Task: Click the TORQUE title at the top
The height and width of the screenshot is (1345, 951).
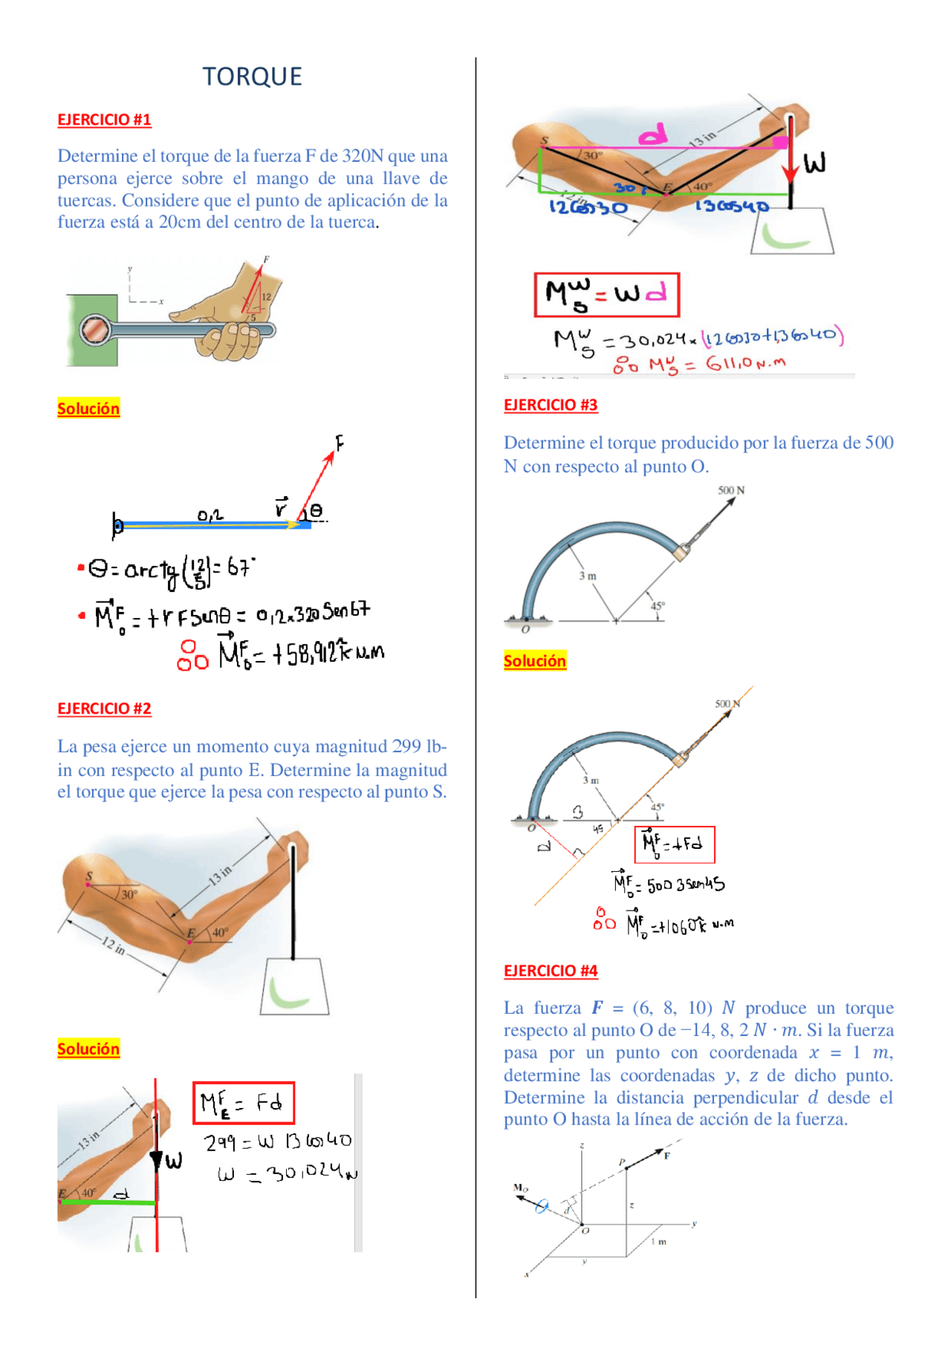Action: pos(252,76)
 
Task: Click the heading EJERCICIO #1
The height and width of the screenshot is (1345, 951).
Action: pos(104,120)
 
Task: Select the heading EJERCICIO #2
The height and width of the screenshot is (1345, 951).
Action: pos(104,709)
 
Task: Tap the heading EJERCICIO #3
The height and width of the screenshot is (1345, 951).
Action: pos(551,405)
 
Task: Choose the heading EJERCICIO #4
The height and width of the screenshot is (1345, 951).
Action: pos(551,971)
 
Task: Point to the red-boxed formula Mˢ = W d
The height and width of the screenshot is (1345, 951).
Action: pos(606,295)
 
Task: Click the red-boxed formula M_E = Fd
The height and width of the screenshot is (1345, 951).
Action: pos(244,1103)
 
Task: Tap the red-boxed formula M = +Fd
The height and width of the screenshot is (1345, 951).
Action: pos(674,844)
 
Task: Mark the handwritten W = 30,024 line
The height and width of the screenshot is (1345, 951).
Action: pos(286,1173)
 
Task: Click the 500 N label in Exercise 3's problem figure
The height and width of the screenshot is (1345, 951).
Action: pos(731,490)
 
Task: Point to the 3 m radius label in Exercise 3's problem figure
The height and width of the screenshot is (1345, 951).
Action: pos(588,576)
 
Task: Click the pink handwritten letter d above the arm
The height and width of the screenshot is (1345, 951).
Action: pos(653,135)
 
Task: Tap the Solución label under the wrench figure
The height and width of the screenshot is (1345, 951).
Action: pos(88,408)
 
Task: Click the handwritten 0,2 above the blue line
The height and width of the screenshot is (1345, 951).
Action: pos(210,515)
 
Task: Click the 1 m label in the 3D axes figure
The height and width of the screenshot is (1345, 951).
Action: pos(659,1242)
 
